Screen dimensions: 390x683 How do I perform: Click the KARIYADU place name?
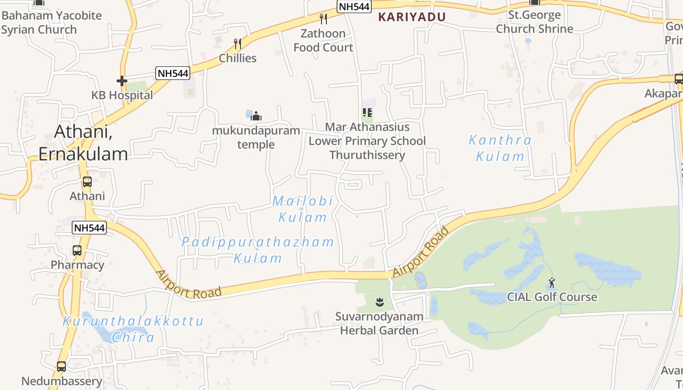point(412,17)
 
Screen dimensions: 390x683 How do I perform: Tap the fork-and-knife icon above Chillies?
point(238,44)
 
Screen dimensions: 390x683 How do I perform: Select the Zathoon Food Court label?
point(323,40)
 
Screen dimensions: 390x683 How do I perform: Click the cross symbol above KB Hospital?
point(122,81)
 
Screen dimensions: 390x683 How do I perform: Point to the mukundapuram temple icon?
point(256,116)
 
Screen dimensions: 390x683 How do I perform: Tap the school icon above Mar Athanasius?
point(367,113)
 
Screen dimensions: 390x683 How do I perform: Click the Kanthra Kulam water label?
point(500,148)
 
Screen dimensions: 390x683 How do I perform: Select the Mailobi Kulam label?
point(302,209)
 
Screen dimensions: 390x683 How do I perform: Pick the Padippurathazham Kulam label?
point(258,250)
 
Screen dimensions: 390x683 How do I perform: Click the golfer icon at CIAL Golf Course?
point(552,283)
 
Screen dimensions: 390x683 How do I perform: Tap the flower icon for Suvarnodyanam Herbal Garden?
point(380,302)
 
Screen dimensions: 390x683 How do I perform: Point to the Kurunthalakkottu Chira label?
point(133,329)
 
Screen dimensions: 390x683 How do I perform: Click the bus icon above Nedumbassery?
point(61,366)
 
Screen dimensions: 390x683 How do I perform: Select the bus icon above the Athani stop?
point(87,182)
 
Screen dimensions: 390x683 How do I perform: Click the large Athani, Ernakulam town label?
point(83,142)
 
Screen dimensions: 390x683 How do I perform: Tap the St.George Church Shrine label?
point(535,22)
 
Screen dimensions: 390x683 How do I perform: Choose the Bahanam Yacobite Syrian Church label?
point(51,22)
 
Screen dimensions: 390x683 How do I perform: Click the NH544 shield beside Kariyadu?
point(354,6)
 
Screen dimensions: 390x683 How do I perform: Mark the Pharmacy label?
point(78,265)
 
